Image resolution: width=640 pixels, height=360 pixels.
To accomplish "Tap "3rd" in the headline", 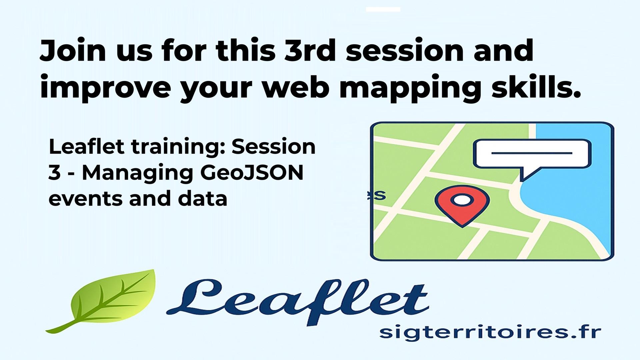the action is tap(309, 51).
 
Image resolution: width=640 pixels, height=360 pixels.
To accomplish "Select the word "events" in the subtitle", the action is tap(86, 199).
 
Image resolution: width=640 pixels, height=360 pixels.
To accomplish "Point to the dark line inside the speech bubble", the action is tap(532, 153).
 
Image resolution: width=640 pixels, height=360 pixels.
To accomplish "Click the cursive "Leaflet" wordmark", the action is tap(297, 302).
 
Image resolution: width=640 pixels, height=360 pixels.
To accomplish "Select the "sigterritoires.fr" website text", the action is tap(490, 333).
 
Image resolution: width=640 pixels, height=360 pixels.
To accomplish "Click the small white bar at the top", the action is tap(383, 9).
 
